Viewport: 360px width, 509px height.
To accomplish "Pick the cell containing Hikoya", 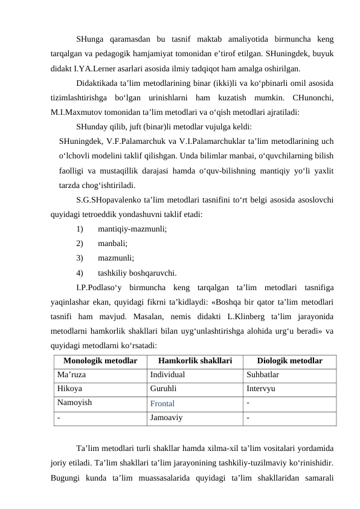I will (x=70, y=388).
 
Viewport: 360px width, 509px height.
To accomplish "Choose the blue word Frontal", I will (x=162, y=403).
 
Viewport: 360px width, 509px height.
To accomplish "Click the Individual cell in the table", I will (x=167, y=375).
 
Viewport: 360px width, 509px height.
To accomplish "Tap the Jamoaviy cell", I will (x=166, y=417).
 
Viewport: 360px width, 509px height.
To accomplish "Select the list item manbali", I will (x=112, y=244).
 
